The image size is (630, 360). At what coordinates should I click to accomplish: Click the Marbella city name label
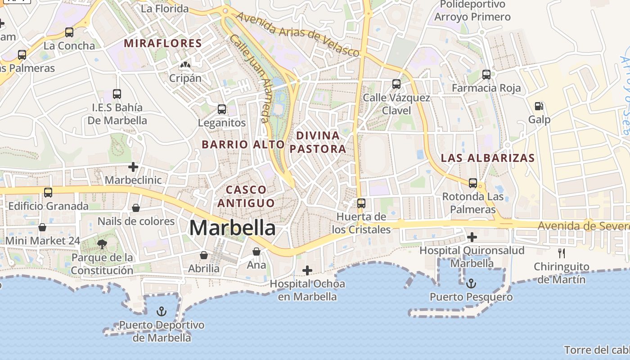click(232, 228)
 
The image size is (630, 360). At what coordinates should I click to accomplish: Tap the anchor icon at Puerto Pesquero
click(471, 283)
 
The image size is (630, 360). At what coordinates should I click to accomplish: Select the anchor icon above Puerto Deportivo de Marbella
click(161, 311)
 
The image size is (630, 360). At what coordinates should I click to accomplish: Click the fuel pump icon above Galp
click(539, 106)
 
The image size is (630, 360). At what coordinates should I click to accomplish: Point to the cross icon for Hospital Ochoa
click(307, 270)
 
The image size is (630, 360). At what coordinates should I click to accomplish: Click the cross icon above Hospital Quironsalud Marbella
click(472, 237)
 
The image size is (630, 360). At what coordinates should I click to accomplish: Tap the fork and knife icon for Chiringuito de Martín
click(561, 253)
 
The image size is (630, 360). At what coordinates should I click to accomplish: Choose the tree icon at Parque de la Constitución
click(102, 244)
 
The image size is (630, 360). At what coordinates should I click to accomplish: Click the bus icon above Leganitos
click(221, 109)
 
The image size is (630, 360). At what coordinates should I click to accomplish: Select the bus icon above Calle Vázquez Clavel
click(396, 84)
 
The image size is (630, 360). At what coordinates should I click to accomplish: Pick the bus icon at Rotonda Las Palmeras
click(472, 183)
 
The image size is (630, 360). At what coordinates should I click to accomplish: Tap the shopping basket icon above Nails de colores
click(135, 208)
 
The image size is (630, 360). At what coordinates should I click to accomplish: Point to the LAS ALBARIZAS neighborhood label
click(488, 158)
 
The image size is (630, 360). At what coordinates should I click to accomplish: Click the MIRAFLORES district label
click(162, 43)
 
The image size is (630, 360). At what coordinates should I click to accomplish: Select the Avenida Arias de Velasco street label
click(297, 34)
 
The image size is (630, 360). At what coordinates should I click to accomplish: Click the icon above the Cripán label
click(184, 66)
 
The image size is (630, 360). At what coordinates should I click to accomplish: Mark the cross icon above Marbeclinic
click(133, 167)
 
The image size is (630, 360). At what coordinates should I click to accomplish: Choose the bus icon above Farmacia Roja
click(486, 75)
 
